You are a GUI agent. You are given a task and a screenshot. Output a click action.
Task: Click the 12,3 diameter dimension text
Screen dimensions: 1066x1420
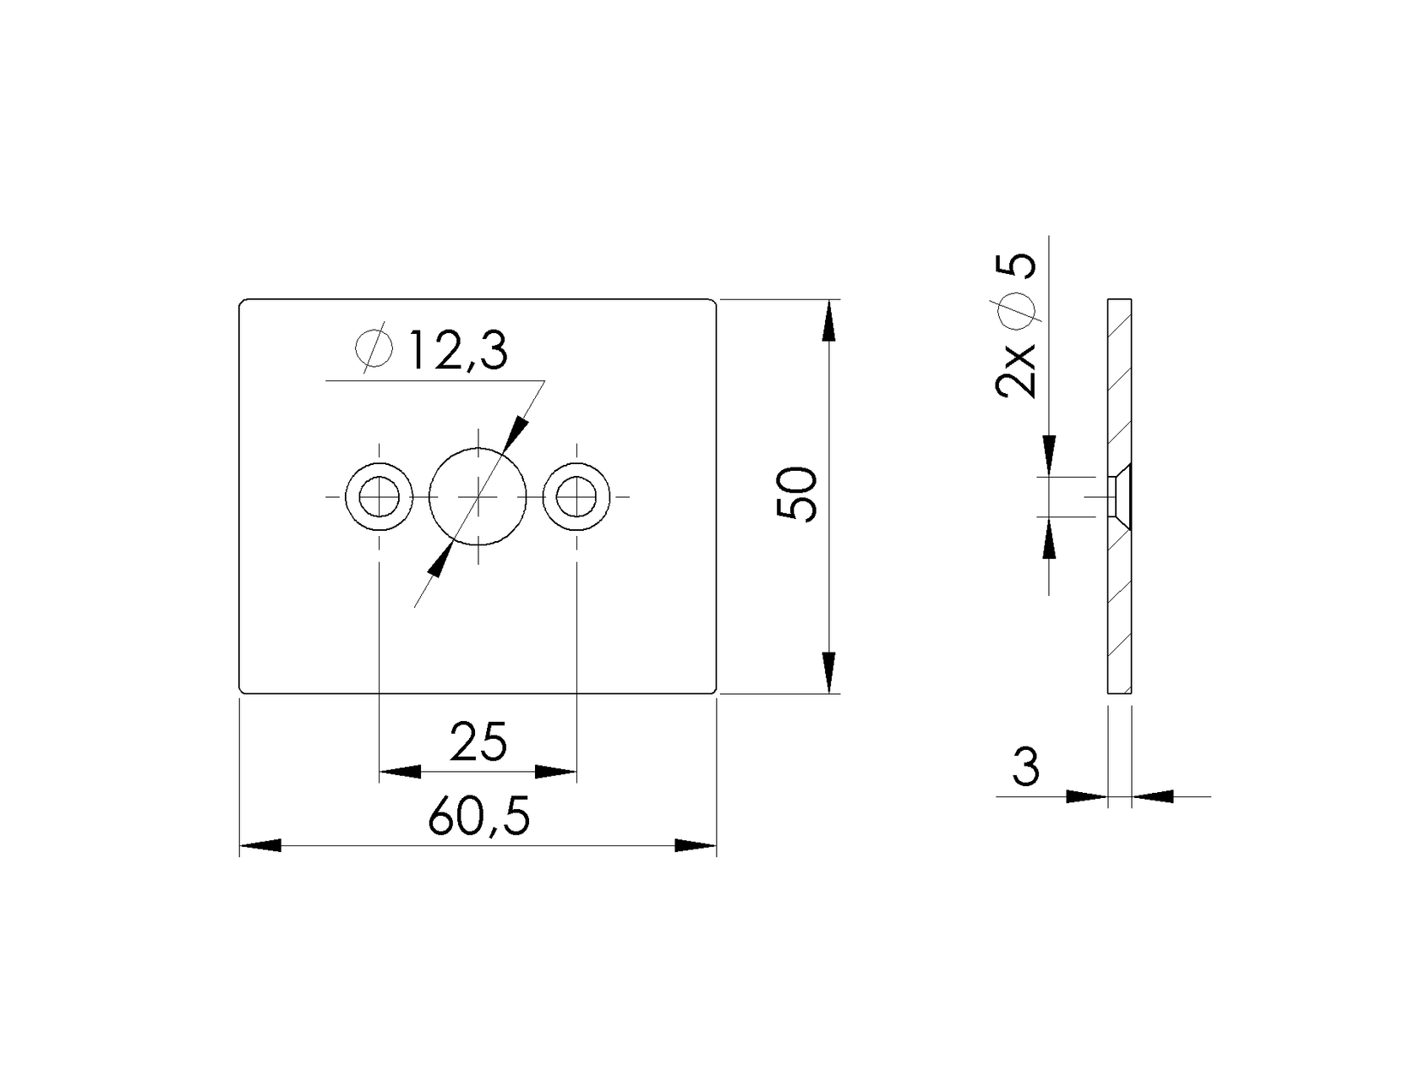pyautogui.click(x=457, y=351)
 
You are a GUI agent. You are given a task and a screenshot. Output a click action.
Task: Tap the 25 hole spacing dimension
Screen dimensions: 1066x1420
pyautogui.click(x=478, y=741)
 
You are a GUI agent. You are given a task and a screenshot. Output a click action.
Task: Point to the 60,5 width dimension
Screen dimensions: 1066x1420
pyautogui.click(x=478, y=817)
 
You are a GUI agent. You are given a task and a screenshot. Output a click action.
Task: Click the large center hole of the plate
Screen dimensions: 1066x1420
pyautogui.click(x=478, y=496)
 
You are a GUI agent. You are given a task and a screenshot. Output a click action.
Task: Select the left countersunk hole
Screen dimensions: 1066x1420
pyautogui.click(x=380, y=496)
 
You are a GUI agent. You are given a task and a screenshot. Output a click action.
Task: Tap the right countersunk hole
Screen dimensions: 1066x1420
pyautogui.click(x=577, y=496)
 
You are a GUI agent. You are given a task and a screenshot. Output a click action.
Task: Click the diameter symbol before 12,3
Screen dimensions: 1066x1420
pyautogui.click(x=374, y=347)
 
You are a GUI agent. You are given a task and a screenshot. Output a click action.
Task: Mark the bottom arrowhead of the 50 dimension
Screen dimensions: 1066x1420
pyautogui.click(x=829, y=673)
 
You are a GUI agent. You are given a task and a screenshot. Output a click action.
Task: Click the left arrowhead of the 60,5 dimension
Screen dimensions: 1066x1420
pyautogui.click(x=260, y=845)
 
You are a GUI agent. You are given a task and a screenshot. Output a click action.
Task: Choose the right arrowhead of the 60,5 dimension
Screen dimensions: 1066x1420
pyautogui.click(x=696, y=845)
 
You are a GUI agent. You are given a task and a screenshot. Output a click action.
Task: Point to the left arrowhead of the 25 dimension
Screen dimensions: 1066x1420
pyautogui.click(x=399, y=771)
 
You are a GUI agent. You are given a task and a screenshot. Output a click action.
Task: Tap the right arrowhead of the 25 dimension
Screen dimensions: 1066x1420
pyautogui.click(x=556, y=771)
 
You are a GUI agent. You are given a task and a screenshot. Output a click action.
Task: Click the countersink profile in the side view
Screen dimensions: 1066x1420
pyautogui.click(x=1118, y=496)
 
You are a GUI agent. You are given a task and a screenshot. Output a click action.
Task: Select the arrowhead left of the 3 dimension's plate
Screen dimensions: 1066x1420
pyautogui.click(x=1087, y=795)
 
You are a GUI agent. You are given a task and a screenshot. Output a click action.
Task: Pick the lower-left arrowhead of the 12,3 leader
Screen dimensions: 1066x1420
pyautogui.click(x=438, y=561)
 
